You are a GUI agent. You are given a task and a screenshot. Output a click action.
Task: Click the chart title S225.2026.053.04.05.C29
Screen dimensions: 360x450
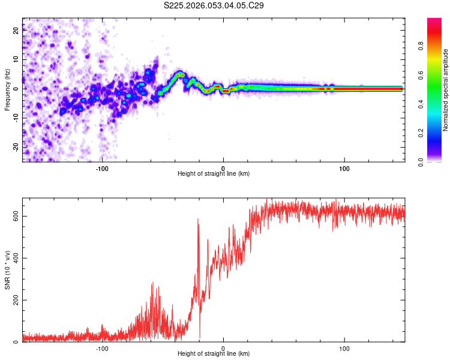(214, 5)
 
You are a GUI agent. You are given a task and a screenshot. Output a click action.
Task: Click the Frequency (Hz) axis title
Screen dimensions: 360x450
(7, 90)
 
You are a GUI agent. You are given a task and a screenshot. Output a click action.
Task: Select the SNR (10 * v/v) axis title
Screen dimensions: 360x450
(7, 270)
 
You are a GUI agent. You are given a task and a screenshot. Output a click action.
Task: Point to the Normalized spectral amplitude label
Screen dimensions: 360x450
(445, 90)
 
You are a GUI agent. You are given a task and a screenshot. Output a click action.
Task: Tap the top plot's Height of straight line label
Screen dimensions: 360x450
(214, 173)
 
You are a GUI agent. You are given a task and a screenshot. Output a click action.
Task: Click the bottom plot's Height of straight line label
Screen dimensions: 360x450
(214, 354)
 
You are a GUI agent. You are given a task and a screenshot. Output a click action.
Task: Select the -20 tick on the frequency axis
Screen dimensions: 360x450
(15, 146)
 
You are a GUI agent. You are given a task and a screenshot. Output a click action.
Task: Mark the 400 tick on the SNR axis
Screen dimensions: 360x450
(14, 258)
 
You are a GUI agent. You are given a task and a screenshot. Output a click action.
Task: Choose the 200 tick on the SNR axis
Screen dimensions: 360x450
(14, 300)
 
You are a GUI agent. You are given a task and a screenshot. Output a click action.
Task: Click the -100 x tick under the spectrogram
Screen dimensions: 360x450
(102, 168)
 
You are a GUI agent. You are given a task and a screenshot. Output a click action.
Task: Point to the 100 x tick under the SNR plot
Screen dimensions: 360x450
(344, 348)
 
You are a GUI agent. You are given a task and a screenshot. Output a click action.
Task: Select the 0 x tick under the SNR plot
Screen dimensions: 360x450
(223, 348)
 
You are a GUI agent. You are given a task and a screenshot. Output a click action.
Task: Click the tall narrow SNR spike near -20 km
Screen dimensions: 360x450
(198, 222)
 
